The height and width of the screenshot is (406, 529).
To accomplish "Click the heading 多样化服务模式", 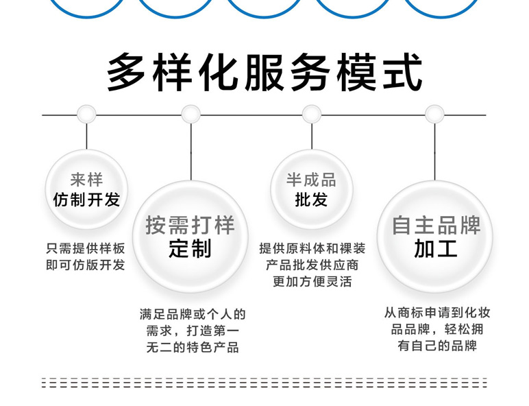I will point(264,71).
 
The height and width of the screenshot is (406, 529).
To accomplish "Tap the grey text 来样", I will point(86,180).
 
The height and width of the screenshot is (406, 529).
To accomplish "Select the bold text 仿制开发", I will point(86,199).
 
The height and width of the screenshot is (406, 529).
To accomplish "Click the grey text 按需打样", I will point(190,225).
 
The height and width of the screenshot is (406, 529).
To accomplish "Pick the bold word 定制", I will point(190,248).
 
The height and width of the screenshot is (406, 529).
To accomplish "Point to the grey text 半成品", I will point(312,180).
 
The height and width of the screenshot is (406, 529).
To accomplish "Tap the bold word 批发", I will point(312,200).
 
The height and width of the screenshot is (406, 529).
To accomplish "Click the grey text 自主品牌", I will point(436,225).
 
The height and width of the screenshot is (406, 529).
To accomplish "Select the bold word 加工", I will point(436,248).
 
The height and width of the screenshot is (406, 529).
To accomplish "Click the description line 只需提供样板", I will point(86,248).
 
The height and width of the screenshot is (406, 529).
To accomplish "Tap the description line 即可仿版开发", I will point(86,265).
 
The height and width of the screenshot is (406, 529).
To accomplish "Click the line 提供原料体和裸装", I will point(312,248).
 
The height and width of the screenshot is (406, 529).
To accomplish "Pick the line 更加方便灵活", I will point(312,281).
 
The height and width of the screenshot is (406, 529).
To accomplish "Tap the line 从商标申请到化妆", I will point(437,313).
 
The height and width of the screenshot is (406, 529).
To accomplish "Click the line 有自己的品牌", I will point(437,346).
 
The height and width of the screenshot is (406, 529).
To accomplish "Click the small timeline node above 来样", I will point(86,115).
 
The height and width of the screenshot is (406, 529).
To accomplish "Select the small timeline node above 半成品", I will point(312,115).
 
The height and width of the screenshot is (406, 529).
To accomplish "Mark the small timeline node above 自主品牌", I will point(434,115).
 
